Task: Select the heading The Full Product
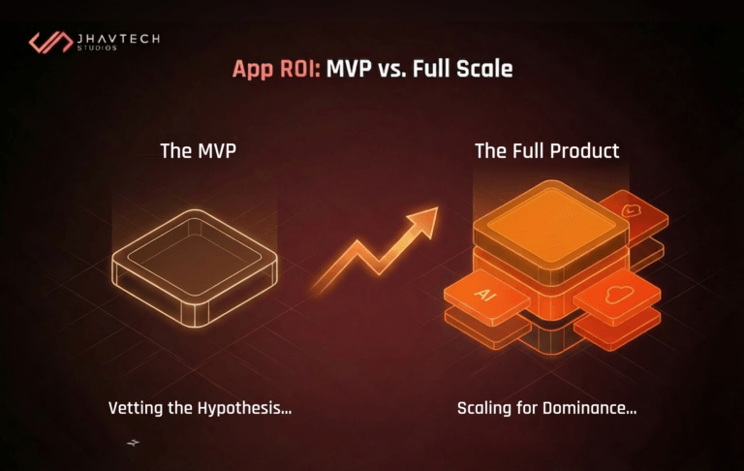coord(546,151)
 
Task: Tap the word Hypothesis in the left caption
coord(247,408)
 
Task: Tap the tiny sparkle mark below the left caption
coord(133,443)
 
